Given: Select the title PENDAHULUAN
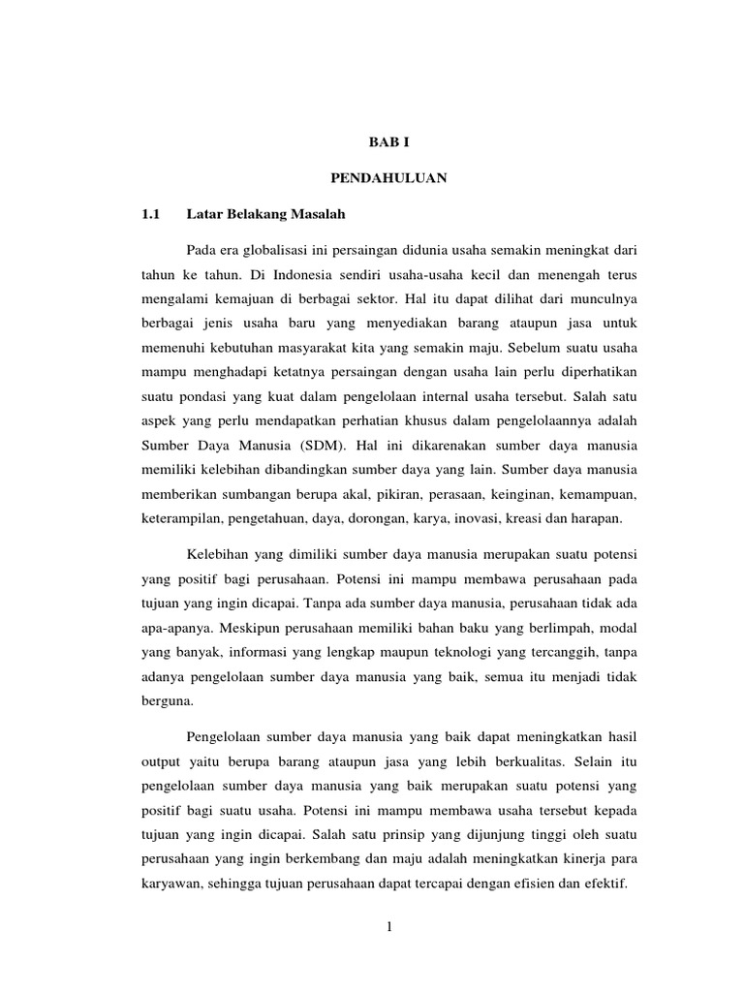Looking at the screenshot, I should pos(388,178).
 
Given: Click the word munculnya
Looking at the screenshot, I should pos(597,300).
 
